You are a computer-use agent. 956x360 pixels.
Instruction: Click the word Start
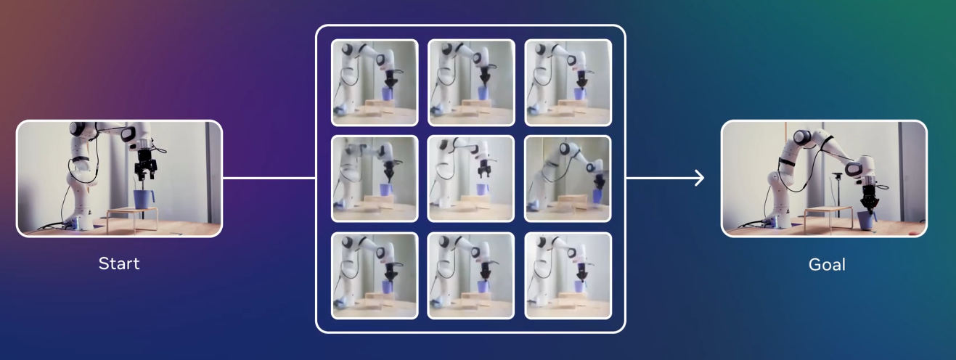[x=119, y=263]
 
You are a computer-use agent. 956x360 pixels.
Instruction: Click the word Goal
[x=827, y=265]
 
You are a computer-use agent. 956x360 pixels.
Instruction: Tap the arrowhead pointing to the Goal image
[x=699, y=178]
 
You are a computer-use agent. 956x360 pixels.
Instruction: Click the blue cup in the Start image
[x=142, y=199]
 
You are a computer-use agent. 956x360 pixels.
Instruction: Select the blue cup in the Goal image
[x=865, y=220]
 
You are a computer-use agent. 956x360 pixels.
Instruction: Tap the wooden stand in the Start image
[x=132, y=218]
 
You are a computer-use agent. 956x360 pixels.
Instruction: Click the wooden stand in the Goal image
[x=828, y=218]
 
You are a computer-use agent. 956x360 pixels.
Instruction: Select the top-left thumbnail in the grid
[x=375, y=83]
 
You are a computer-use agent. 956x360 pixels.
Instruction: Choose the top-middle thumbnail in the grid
[x=471, y=83]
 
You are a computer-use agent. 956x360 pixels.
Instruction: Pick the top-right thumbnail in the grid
[x=568, y=83]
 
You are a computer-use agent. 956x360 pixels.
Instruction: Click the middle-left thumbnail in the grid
[x=375, y=179]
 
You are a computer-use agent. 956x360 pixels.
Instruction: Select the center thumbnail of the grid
[x=471, y=179]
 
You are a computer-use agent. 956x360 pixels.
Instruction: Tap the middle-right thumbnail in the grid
[x=568, y=179]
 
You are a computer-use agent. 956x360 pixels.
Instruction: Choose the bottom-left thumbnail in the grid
[x=375, y=276]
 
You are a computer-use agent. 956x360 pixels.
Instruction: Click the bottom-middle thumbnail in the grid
[x=471, y=276]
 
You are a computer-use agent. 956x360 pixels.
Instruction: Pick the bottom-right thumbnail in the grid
[x=568, y=276]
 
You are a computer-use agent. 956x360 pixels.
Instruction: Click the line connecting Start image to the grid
[x=269, y=179]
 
